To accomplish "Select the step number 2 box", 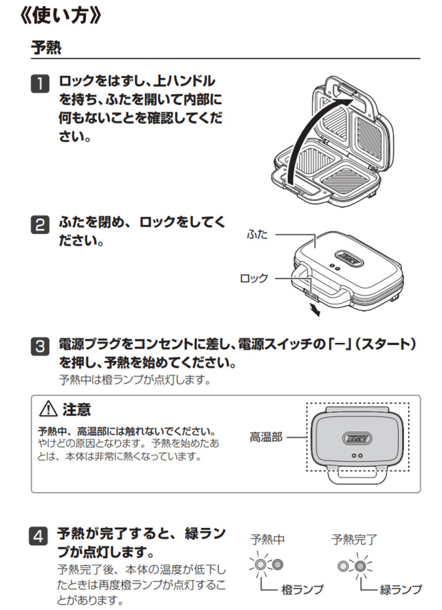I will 41,224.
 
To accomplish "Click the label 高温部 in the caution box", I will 266,437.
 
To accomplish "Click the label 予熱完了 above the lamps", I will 351,539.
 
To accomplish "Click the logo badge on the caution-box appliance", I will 356,436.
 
